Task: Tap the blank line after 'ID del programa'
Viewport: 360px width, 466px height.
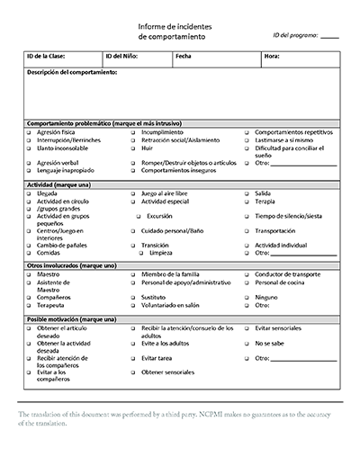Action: (x=329, y=37)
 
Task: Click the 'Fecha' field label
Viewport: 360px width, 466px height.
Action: (x=184, y=56)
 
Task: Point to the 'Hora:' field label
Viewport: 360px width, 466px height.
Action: (x=272, y=56)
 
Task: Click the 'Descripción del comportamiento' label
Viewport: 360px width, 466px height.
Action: (x=72, y=72)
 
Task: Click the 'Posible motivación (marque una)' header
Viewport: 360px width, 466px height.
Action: (x=72, y=319)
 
